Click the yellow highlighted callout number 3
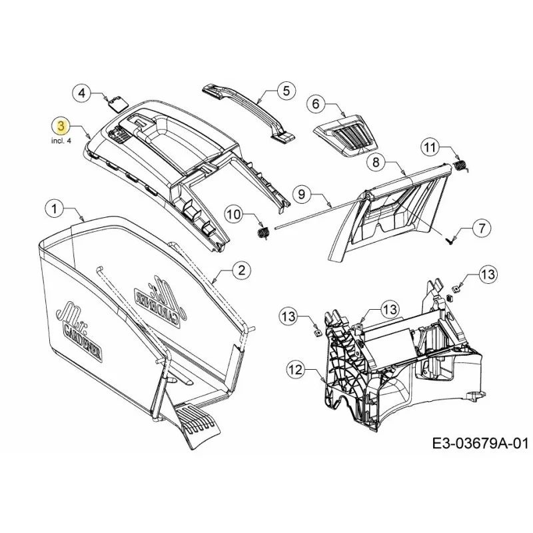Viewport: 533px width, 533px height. (x=61, y=126)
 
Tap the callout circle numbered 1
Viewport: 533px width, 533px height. (x=55, y=209)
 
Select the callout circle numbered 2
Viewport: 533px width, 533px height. (x=242, y=270)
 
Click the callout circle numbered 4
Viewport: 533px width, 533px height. (x=83, y=93)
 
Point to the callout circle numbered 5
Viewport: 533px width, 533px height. (x=286, y=91)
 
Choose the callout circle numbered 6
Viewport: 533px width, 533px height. (x=316, y=104)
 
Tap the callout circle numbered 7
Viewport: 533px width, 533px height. (x=482, y=228)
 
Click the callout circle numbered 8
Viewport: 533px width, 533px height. (x=376, y=162)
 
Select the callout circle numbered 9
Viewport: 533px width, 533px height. (x=302, y=194)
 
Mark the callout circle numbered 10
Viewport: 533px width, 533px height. (x=235, y=214)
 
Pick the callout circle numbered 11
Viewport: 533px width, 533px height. (x=430, y=147)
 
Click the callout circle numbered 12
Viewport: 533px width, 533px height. (x=296, y=370)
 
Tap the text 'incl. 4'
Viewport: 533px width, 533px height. (x=61, y=141)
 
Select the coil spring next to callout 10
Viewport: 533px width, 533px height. (x=262, y=235)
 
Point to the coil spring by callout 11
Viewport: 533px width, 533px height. (x=461, y=167)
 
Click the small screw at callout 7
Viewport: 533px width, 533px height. (x=448, y=241)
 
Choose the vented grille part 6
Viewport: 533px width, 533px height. (x=346, y=136)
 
